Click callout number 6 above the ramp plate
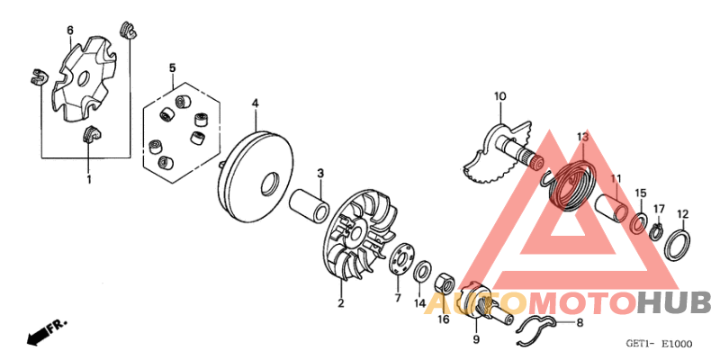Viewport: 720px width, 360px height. point(70,31)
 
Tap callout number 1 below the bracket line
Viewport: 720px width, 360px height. point(88,180)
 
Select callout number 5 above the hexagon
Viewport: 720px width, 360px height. point(172,67)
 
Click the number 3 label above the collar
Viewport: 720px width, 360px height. point(319,173)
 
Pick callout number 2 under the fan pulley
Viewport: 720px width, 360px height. point(341,303)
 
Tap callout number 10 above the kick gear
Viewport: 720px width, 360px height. point(500,96)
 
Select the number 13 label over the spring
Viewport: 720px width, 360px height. point(582,137)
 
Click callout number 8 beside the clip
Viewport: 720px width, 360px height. point(579,322)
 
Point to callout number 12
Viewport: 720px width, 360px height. point(683,214)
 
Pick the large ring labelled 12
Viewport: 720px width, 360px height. point(680,243)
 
